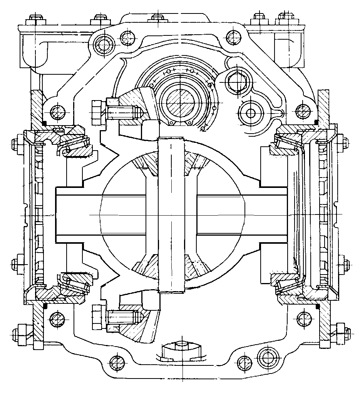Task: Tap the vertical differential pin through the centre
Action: pyautogui.click(x=171, y=216)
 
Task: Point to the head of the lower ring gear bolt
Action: pyautogui.click(x=97, y=317)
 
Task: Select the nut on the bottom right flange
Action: pyautogui.click(x=341, y=330)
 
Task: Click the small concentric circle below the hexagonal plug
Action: pyautogui.click(x=251, y=113)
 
